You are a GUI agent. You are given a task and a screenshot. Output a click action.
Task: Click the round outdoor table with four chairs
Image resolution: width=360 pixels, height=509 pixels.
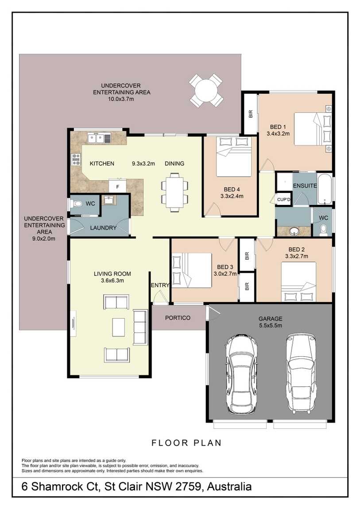coord(206,90)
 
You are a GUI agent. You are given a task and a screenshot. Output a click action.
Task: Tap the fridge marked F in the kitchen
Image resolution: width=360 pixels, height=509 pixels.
coord(117,185)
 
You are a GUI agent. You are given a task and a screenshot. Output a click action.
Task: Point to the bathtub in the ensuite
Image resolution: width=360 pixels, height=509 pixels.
coord(325,189)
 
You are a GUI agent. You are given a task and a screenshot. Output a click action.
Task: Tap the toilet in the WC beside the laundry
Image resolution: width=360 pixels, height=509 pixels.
coord(76,204)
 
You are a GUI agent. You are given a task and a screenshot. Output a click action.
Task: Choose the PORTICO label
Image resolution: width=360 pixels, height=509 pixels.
coord(178,318)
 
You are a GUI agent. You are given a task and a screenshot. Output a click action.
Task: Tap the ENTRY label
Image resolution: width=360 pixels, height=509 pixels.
coord(160,285)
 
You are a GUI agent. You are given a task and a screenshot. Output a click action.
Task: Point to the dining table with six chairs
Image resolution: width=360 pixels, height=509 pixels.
coord(174,191)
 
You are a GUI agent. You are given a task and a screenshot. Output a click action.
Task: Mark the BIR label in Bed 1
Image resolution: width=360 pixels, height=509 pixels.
coord(251,115)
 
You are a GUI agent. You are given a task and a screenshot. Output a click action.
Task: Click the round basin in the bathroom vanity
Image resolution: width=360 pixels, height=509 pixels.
coord(293,231)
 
